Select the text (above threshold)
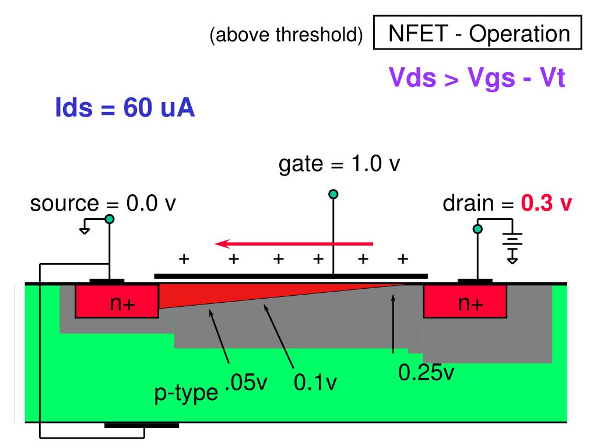(286, 36)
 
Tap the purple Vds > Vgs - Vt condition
(477, 78)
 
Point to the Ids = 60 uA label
(125, 108)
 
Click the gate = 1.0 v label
(339, 164)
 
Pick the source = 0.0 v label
(103, 204)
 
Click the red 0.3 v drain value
(547, 204)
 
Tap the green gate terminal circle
(333, 194)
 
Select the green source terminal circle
(109, 219)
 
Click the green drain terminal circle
(477, 229)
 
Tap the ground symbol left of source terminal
(85, 229)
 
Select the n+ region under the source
(117, 302)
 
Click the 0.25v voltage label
(426, 372)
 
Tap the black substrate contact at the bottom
(142, 425)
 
